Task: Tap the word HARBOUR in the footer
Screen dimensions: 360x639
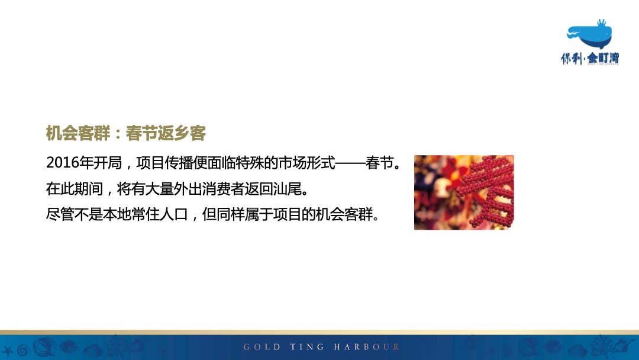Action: pyautogui.click(x=367, y=347)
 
